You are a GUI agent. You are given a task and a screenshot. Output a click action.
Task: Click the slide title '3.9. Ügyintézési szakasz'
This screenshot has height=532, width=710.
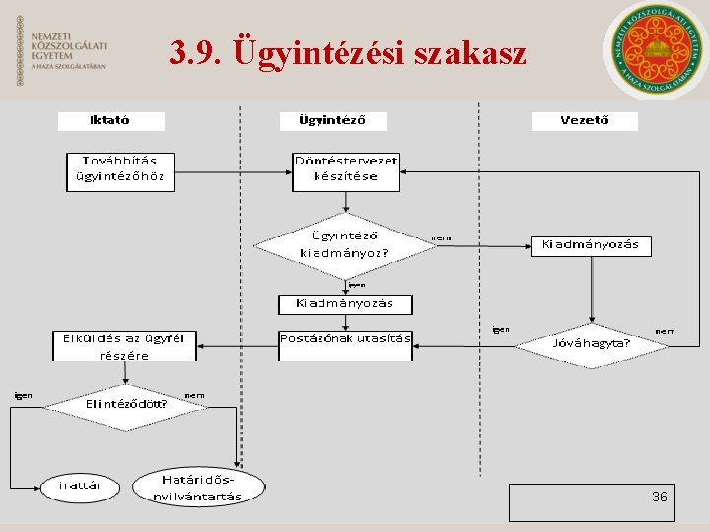coord(348,52)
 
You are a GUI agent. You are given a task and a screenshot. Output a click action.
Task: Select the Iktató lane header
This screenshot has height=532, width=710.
coord(110,121)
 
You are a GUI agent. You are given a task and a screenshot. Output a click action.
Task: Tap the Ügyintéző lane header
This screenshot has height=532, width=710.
coord(332,121)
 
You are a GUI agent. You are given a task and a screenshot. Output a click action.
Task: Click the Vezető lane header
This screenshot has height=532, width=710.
coord(584,121)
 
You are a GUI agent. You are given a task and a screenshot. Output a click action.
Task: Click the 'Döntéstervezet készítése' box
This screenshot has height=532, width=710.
coord(346,170)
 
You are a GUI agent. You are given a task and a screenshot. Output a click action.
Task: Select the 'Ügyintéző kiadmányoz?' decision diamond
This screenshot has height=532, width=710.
coord(344,244)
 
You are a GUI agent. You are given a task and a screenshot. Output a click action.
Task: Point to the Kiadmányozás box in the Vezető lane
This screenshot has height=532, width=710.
coord(591,245)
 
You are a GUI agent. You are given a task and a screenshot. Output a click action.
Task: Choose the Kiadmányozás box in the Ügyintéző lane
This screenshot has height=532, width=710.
coord(344,303)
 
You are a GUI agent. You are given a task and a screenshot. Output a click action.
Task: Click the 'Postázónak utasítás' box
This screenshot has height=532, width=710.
coord(345,339)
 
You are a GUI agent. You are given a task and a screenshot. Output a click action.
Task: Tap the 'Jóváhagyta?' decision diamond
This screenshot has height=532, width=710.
coord(592,345)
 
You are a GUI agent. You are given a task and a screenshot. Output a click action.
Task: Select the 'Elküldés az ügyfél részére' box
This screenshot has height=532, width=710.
coord(124,346)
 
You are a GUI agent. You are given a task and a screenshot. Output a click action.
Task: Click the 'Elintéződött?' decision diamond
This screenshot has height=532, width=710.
coord(124,403)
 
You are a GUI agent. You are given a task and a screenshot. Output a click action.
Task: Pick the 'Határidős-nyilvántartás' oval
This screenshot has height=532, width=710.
coord(197,487)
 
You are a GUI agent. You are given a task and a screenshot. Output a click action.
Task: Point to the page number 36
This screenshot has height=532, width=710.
coord(659,498)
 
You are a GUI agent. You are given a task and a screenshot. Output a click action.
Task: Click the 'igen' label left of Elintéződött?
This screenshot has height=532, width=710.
coord(23,395)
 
